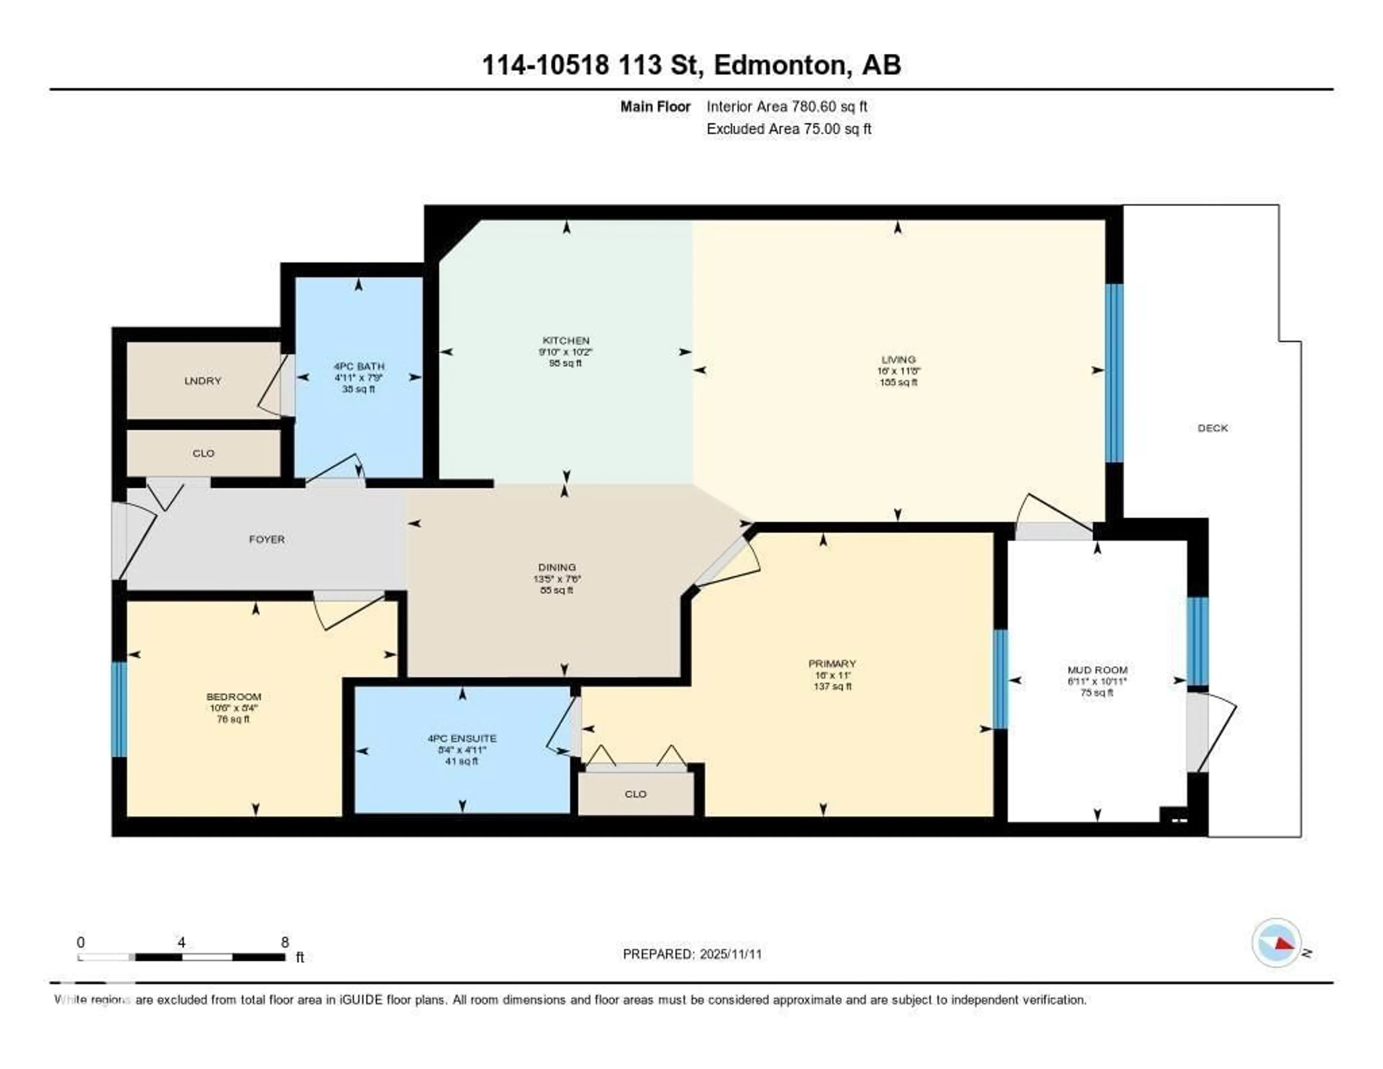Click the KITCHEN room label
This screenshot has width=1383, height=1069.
click(565, 340)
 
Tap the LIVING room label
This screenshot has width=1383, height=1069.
click(898, 359)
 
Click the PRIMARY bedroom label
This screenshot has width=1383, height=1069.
click(832, 664)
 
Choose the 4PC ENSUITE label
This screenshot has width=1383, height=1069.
click(462, 738)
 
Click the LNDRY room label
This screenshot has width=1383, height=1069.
click(203, 381)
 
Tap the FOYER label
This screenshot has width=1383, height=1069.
click(267, 539)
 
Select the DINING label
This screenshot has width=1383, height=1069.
click(556, 567)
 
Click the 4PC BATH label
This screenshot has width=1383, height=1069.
click(359, 366)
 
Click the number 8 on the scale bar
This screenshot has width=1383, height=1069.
click(285, 942)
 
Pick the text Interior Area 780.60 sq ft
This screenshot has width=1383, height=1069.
click(787, 106)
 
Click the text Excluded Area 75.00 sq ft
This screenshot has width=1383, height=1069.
click(788, 129)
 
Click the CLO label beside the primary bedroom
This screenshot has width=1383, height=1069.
click(635, 794)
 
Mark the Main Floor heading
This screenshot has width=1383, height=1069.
click(655, 106)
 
